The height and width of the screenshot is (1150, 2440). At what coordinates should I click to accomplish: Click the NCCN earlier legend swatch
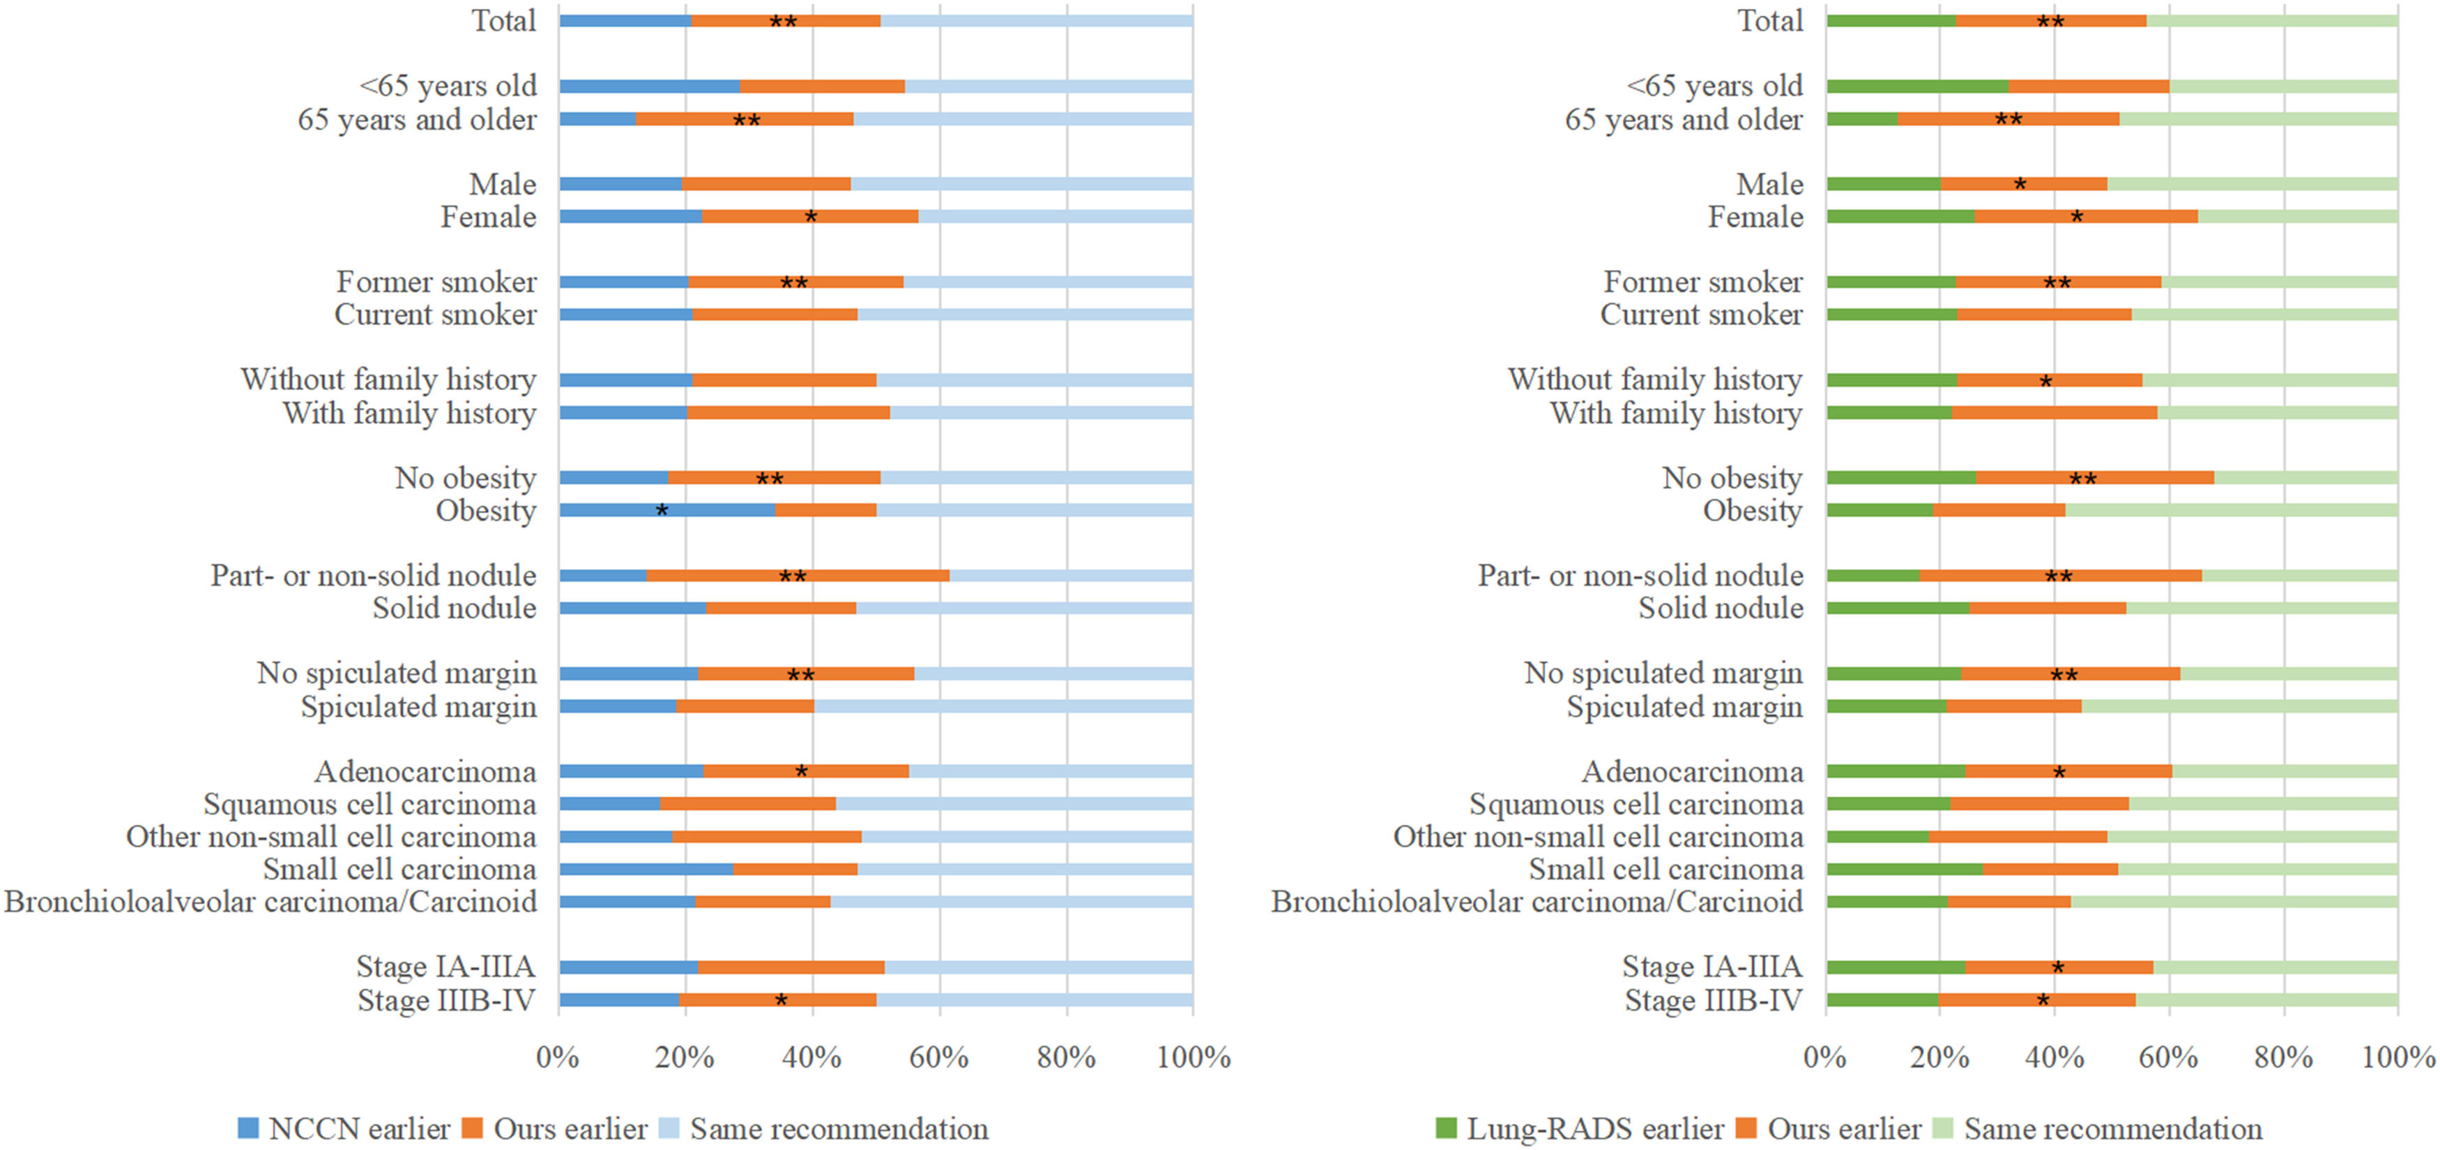248,1127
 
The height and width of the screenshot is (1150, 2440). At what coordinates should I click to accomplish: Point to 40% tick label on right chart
2054,1057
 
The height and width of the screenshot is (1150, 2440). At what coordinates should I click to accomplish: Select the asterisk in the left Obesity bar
662,511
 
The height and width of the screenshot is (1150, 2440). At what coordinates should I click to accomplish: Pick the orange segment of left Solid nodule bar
781,608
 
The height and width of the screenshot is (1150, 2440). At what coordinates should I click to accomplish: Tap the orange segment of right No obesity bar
2094,478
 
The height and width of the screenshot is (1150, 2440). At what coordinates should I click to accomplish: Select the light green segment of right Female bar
2297,217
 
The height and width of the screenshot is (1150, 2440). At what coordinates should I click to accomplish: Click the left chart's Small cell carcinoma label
399,869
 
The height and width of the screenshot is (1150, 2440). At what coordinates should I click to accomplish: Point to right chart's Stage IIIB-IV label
1714,999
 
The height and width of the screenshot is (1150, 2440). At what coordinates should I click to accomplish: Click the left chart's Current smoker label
435,315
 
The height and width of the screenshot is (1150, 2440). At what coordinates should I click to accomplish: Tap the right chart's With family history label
1676,413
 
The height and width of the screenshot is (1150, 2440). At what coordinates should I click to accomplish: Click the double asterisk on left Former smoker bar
794,282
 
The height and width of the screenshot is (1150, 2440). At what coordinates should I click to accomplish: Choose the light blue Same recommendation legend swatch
670,1127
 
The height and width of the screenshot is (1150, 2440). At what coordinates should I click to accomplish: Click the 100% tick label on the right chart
2397,1057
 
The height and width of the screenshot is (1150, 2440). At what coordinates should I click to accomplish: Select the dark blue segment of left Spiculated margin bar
618,706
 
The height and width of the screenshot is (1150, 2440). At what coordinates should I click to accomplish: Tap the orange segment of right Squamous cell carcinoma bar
2039,804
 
